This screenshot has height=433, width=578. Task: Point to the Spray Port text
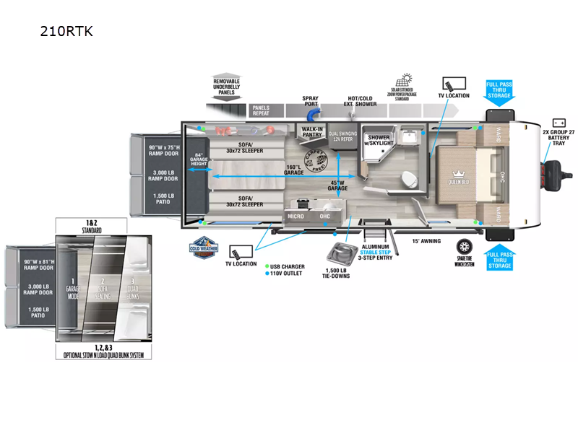[x=311, y=100]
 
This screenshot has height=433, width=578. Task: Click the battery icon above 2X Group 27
[x=559, y=123]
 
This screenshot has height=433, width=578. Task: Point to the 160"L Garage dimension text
[x=293, y=169]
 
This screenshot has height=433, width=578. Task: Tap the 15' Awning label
[x=426, y=241]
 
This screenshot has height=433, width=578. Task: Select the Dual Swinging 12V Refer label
[x=343, y=136]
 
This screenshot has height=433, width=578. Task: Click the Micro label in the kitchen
[x=296, y=215]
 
